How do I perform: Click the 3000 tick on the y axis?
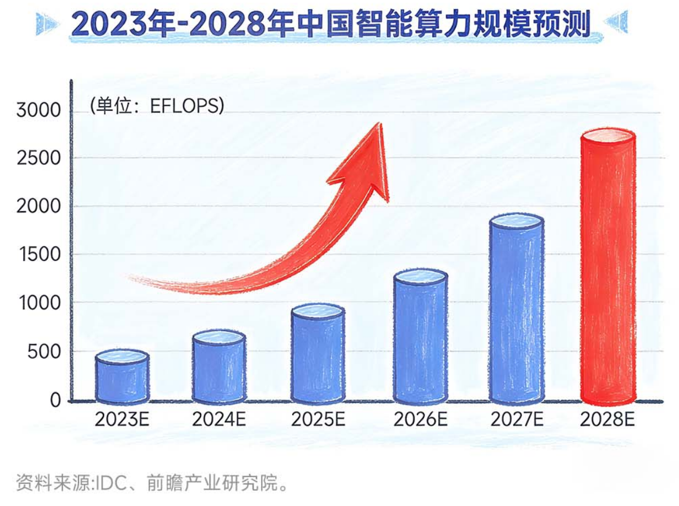[38, 110]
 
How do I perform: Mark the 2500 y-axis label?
[38, 158]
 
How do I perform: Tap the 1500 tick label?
[38, 255]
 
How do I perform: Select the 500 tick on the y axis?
[43, 351]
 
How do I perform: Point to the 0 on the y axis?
[55, 400]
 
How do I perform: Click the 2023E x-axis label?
[121, 420]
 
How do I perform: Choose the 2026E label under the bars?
[420, 420]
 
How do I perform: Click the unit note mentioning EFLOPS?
[156, 106]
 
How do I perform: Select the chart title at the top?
[332, 24]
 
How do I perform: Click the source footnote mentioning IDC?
[153, 484]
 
